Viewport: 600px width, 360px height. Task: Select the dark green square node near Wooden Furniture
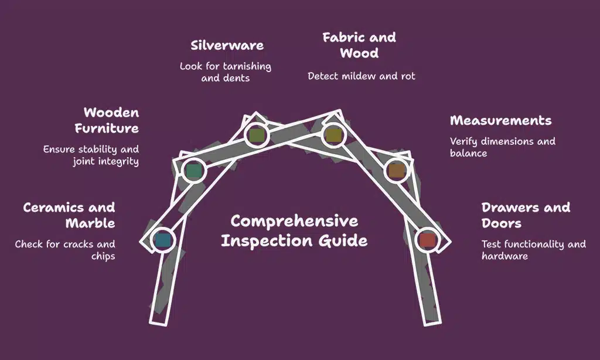pyautogui.click(x=193, y=171)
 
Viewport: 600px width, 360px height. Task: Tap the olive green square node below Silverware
pyautogui.click(x=256, y=135)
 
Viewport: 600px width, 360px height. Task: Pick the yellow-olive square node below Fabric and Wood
pyautogui.click(x=333, y=135)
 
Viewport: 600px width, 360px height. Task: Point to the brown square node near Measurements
pyautogui.click(x=397, y=171)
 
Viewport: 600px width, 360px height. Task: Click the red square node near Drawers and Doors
pyautogui.click(x=427, y=239)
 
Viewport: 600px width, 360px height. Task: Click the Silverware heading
pyautogui.click(x=227, y=45)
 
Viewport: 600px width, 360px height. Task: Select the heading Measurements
pyautogui.click(x=500, y=121)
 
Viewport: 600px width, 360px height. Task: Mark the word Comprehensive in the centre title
pyautogui.click(x=294, y=221)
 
